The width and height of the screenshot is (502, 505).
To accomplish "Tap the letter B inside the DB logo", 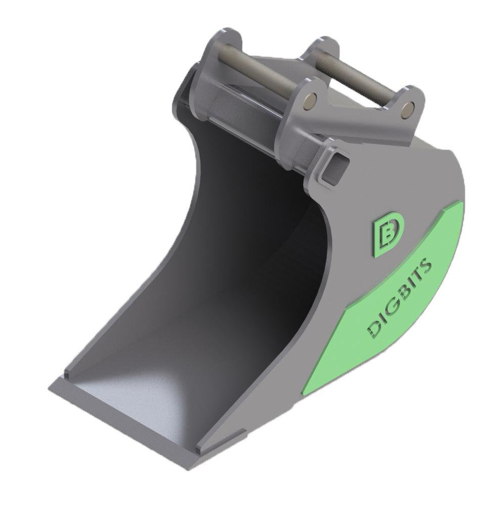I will (x=388, y=233).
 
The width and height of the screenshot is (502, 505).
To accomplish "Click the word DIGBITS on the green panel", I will (x=398, y=297).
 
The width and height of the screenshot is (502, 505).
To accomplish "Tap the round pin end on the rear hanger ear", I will (x=409, y=107).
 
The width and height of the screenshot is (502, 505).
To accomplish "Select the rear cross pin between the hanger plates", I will (x=354, y=76).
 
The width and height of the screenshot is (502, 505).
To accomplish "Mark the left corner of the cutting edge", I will (x=51, y=388).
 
